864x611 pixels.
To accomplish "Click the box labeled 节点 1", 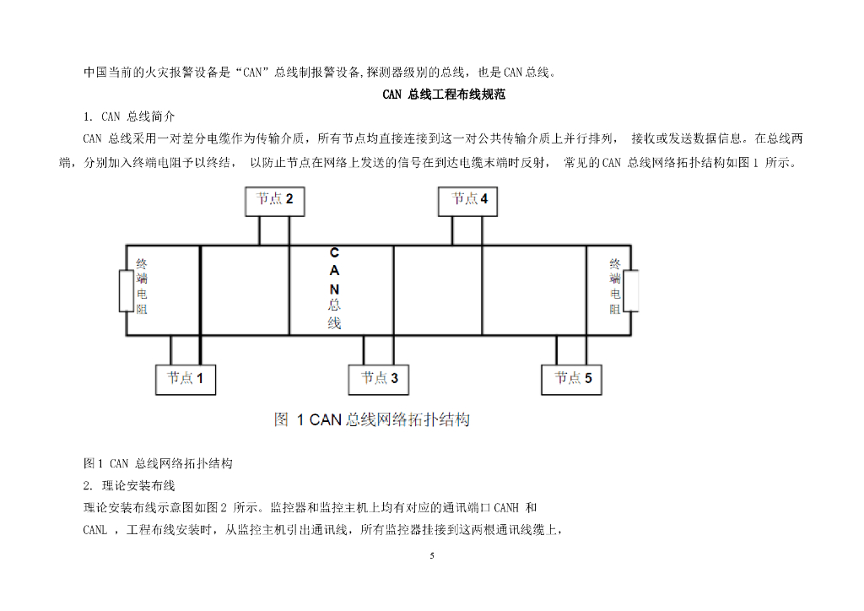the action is click(185, 379).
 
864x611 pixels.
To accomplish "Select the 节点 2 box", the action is click(274, 201).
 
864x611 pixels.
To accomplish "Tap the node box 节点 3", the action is click(379, 379).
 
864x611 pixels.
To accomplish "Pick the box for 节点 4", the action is click(469, 201).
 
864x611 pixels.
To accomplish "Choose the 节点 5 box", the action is click(572, 379).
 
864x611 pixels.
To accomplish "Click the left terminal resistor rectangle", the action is click(125, 291).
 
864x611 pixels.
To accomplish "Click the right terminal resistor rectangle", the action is click(631, 291).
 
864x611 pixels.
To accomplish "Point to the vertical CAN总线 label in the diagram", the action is click(334, 288).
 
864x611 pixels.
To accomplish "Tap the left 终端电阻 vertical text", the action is click(142, 286).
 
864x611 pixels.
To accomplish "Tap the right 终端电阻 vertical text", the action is click(615, 286).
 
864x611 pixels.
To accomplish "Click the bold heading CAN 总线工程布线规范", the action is click(444, 95).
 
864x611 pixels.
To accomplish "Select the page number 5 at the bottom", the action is click(432, 556).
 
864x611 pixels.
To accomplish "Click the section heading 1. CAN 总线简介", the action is click(129, 116).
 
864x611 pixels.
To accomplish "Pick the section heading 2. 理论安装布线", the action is click(129, 485).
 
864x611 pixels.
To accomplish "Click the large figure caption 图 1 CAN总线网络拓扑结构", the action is click(371, 419).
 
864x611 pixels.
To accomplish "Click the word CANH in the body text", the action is click(505, 508).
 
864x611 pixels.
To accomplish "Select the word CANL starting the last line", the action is click(95, 530).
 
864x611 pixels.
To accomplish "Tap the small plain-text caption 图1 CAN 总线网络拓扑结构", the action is click(158, 463).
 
